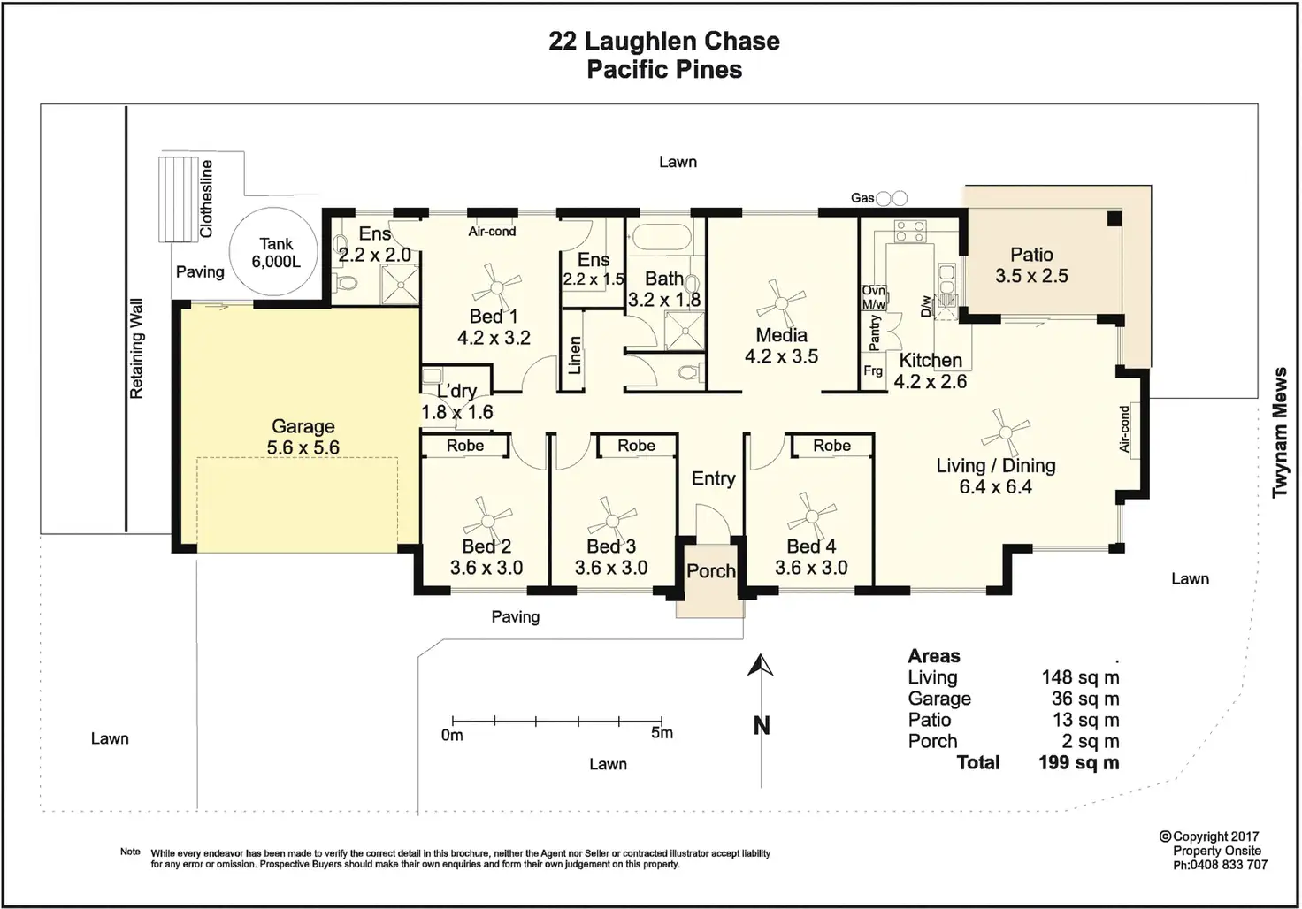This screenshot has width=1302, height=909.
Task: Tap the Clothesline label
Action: (x=206, y=198)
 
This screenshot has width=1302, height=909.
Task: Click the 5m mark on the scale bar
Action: (x=662, y=722)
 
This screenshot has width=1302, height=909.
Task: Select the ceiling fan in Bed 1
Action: (x=496, y=287)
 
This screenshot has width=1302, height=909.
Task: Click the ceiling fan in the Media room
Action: (x=781, y=303)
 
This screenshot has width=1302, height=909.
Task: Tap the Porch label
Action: (x=711, y=570)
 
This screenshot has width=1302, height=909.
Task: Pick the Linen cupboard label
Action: (x=574, y=355)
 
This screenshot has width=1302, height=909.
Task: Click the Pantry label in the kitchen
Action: (x=874, y=333)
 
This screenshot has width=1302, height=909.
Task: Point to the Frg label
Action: (x=873, y=370)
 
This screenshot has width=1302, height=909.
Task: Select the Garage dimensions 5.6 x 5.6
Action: (x=303, y=447)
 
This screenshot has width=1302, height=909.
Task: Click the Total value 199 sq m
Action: (x=1079, y=762)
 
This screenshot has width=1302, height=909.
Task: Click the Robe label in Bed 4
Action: (x=831, y=446)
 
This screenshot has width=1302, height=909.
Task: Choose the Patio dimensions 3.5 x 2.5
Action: (x=1031, y=276)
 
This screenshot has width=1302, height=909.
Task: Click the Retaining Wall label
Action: (x=136, y=348)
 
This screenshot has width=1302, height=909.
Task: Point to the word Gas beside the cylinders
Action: (x=862, y=198)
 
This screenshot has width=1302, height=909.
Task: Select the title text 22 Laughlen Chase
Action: (x=664, y=42)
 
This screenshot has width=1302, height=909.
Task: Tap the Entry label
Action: (x=713, y=478)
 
